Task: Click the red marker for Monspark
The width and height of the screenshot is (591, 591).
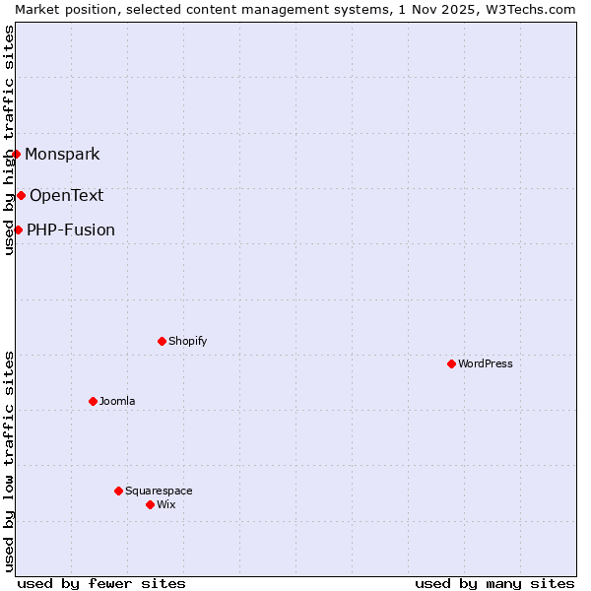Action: pyautogui.click(x=16, y=154)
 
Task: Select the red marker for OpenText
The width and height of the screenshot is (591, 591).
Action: pyautogui.click(x=21, y=195)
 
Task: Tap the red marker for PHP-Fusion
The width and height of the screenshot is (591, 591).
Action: pyautogui.click(x=18, y=230)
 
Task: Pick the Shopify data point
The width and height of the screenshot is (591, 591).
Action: pyautogui.click(x=162, y=341)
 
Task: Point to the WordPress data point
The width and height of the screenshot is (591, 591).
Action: pyautogui.click(x=451, y=363)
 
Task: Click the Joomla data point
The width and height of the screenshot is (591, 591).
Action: pyautogui.click(x=93, y=401)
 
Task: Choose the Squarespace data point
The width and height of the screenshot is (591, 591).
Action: pyautogui.click(x=118, y=491)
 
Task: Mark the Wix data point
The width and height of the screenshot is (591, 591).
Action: pyautogui.click(x=150, y=504)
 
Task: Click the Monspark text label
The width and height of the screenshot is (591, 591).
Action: pyautogui.click(x=62, y=154)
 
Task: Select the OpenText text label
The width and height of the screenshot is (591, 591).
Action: pyautogui.click(x=66, y=195)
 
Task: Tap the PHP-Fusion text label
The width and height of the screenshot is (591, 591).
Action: pyautogui.click(x=70, y=230)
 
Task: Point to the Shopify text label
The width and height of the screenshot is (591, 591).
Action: pyautogui.click(x=187, y=341)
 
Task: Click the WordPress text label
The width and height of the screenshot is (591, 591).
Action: pyautogui.click(x=485, y=363)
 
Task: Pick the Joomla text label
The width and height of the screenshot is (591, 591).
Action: pyautogui.click(x=117, y=401)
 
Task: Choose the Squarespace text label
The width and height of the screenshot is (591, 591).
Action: pyautogui.click(x=159, y=491)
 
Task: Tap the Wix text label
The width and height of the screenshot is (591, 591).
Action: pyautogui.click(x=165, y=504)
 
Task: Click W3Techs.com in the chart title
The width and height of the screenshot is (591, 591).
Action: pyautogui.click(x=534, y=9)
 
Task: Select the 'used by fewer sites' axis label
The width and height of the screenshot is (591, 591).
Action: pyautogui.click(x=101, y=583)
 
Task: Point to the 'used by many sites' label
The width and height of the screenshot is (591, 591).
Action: pyautogui.click(x=494, y=583)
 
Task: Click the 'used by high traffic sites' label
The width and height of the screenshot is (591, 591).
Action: pyautogui.click(x=9, y=140)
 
